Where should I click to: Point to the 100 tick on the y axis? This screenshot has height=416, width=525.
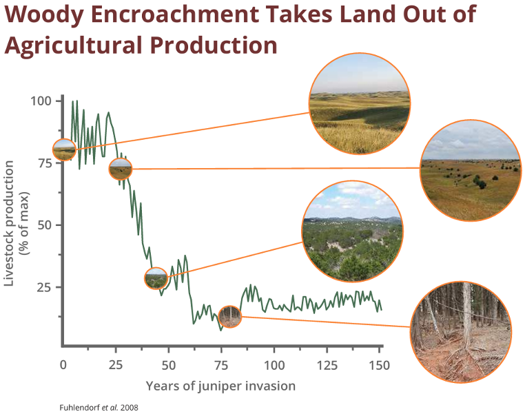coord(41,101)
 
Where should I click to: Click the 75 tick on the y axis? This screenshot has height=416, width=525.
coord(43,163)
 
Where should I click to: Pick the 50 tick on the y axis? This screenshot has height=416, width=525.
coord(43,225)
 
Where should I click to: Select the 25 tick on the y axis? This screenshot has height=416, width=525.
coord(43,287)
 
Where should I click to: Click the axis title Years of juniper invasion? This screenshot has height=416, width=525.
coord(220,386)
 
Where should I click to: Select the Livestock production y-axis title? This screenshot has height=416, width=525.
coord(16,224)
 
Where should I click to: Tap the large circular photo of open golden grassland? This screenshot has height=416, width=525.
coord(360,103)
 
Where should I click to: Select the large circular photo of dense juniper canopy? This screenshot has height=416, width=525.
coord(353,232)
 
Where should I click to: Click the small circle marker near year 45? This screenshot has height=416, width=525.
coord(156,278)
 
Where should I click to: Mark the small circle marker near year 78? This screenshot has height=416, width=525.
coord(231,316)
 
